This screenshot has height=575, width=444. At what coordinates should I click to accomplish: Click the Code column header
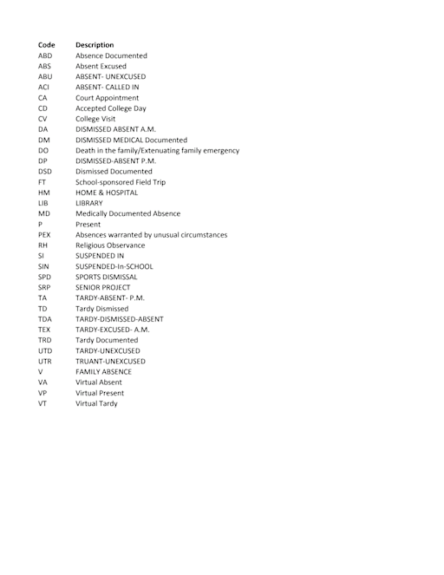point(47,44)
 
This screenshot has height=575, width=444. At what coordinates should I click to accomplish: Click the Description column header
point(95,44)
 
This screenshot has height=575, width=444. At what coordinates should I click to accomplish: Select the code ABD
point(45,56)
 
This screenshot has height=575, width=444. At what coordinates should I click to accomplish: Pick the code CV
point(42,119)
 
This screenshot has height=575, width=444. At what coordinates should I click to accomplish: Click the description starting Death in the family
point(157,150)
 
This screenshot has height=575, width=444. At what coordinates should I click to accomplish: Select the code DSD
point(45,172)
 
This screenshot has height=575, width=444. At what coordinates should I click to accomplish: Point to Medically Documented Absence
point(127,213)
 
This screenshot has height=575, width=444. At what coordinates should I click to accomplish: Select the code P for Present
point(40,224)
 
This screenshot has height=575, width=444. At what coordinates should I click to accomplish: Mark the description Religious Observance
point(110,245)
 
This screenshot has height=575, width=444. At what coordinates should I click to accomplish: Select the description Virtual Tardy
point(96,403)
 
